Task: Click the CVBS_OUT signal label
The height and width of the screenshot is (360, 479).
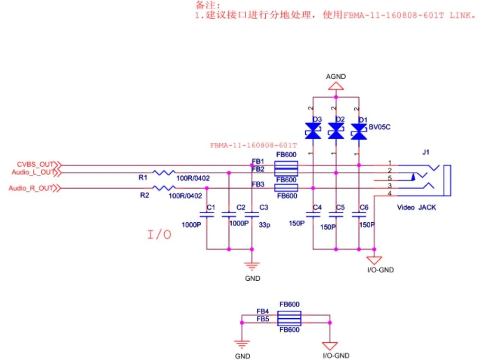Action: (36, 165)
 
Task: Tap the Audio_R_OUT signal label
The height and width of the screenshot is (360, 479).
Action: (31, 189)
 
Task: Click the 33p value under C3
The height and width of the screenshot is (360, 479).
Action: (264, 226)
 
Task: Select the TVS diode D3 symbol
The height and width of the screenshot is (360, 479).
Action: (312, 132)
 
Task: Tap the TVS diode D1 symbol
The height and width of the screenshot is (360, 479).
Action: (358, 132)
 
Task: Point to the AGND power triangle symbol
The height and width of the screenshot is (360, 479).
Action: (336, 86)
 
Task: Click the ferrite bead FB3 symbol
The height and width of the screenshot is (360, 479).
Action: (286, 189)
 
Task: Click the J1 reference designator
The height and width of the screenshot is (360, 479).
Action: (425, 152)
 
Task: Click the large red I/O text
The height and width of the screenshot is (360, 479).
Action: (159, 234)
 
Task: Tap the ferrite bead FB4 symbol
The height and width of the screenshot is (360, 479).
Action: (289, 315)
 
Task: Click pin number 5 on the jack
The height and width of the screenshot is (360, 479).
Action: (389, 178)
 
